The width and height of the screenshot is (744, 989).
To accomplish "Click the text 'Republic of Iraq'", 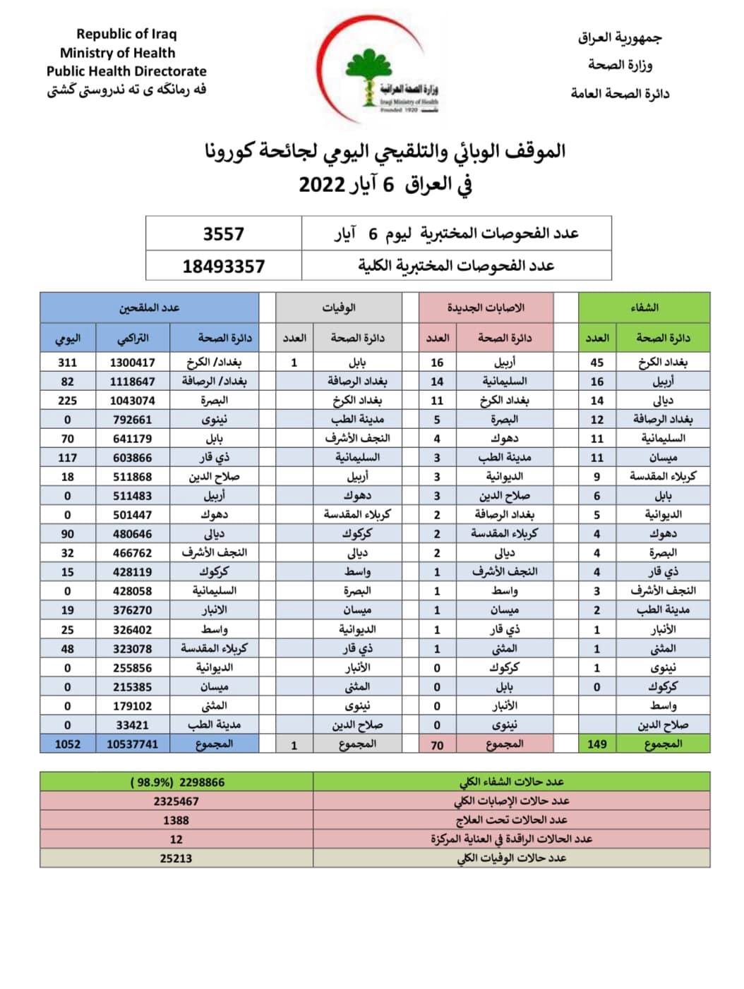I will pos(126,34).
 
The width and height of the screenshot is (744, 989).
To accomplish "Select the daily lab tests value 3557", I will pos(223,233).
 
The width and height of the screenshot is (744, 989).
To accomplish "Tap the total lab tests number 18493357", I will pos(223,267).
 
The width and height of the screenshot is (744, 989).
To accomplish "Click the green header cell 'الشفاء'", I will pos(644,308).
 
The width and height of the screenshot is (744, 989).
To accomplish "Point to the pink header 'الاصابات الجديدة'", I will pos(486,308).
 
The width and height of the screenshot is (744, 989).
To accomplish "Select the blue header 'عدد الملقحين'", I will pos(149,308).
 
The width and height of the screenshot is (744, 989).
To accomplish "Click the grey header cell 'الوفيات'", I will pos(339,308).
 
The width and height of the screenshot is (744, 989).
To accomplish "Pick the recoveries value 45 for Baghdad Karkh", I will pos(597,363).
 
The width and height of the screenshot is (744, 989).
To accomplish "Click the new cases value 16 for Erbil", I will pos(437,363).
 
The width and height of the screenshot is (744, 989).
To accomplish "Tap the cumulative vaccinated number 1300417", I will pos(133,363).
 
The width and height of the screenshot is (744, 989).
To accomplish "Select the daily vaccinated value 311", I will pos(68,363).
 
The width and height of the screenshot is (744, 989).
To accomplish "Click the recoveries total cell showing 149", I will pos(597,744).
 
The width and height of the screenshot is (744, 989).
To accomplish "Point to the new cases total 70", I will pos(437,745).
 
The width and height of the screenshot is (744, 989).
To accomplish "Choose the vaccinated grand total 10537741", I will pos(133,744).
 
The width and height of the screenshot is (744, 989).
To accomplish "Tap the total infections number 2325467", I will pos(176,801).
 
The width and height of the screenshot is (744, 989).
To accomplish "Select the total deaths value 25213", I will pos(176,858).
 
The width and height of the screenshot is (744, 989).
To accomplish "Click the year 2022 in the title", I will pos(321,185).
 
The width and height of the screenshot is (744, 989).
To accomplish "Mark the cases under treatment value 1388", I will pos(176,820).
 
